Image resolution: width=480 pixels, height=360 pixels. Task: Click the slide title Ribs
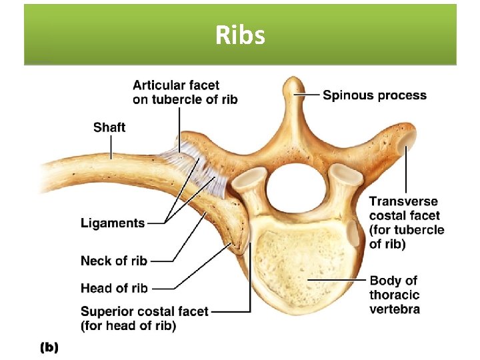click(240, 35)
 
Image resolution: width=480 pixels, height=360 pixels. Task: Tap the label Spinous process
click(375, 95)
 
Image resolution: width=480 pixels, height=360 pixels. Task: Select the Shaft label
click(109, 127)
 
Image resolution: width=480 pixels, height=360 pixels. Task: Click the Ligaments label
click(113, 223)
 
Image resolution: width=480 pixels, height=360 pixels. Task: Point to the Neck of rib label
click(114, 260)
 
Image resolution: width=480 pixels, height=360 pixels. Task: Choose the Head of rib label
click(114, 288)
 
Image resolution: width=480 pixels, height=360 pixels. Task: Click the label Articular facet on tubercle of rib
click(185, 92)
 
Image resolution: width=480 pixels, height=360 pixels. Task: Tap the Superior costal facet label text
click(144, 318)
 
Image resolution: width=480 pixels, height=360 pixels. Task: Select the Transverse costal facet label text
click(406, 223)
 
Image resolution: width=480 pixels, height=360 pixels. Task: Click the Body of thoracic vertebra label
click(395, 294)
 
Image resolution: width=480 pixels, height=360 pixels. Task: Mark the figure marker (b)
click(50, 347)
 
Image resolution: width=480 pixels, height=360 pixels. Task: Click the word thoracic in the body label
click(395, 295)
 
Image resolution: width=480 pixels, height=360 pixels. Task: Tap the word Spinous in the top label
click(347, 95)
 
